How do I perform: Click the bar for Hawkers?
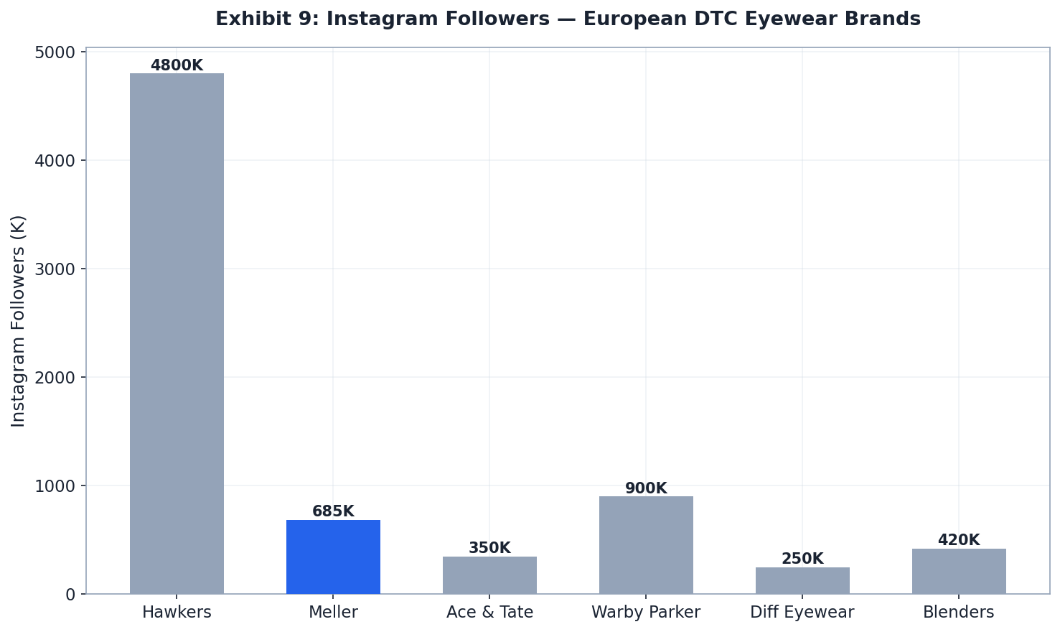tap(177, 333)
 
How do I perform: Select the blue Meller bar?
tap(333, 557)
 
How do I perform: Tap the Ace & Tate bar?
tap(489, 575)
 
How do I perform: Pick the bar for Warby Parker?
tap(646, 545)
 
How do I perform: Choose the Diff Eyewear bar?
tap(802, 580)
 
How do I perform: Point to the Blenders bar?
tap(959, 571)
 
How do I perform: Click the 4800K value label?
tap(177, 65)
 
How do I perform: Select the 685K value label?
tap(333, 511)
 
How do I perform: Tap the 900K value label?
tap(646, 488)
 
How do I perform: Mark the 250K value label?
tap(802, 559)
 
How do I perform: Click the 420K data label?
tap(959, 540)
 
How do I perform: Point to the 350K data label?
tap(489, 548)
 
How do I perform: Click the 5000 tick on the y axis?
tap(55, 52)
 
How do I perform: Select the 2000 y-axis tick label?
tap(55, 377)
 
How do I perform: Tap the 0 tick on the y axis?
tap(70, 595)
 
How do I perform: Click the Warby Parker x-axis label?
tap(646, 613)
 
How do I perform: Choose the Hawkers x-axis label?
tap(177, 613)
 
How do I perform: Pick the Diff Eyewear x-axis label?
tap(802, 613)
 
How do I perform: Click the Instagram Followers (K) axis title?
tap(19, 321)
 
